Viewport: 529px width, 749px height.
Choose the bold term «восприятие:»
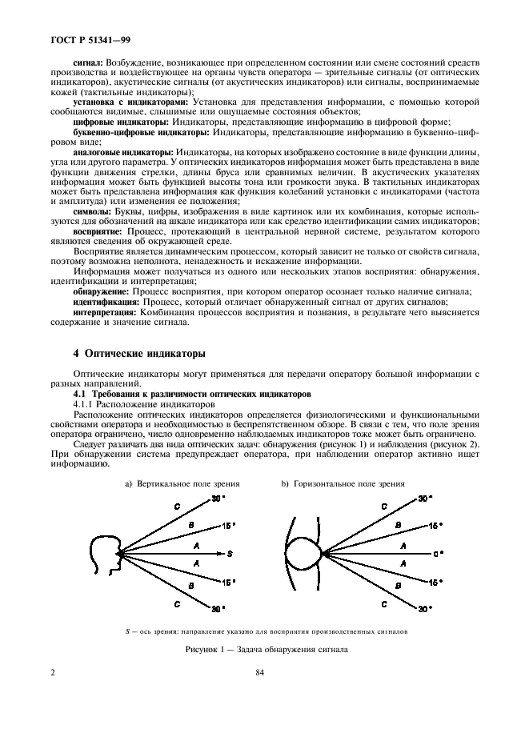[98, 231]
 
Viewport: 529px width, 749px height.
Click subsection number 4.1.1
[84, 403]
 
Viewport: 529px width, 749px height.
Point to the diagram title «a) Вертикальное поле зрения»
[182, 483]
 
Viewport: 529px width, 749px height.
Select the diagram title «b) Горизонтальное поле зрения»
[343, 483]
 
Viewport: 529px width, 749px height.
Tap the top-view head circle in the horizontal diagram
[306, 553]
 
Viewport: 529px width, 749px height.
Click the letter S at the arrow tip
[230, 554]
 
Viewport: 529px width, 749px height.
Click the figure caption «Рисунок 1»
[265, 650]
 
